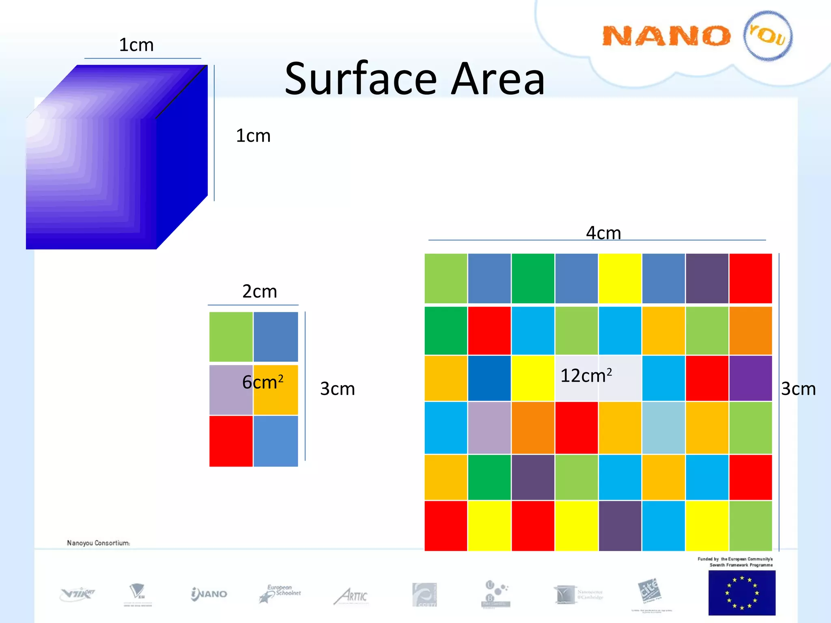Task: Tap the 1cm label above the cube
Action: (x=136, y=45)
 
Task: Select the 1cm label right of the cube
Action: (x=253, y=136)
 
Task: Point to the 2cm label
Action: (x=260, y=292)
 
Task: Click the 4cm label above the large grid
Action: (x=603, y=233)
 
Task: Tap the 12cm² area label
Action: (x=586, y=376)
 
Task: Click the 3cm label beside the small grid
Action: (x=337, y=389)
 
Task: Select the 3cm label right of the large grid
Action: (x=798, y=389)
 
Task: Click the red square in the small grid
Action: (x=231, y=441)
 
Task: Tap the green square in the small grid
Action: (x=231, y=337)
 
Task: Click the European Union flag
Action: (x=742, y=593)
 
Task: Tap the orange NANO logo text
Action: (x=666, y=36)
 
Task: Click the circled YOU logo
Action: (x=768, y=36)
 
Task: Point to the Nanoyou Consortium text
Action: (x=99, y=543)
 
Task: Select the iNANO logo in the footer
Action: (x=209, y=594)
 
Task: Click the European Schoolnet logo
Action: (x=280, y=593)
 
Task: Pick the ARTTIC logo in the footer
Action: (x=351, y=596)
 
